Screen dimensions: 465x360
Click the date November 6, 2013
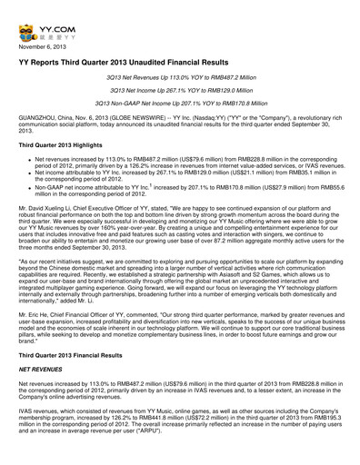43,44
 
